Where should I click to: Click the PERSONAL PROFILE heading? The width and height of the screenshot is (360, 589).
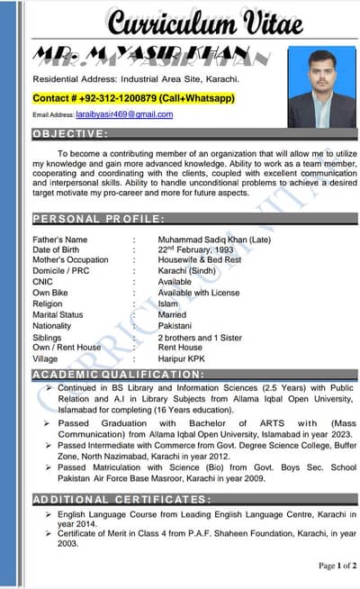tap(99, 218)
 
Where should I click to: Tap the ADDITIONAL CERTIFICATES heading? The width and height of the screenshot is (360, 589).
tap(122, 498)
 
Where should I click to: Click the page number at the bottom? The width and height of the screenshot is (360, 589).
tap(337, 566)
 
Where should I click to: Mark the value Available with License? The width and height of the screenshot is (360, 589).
tap(199, 293)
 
